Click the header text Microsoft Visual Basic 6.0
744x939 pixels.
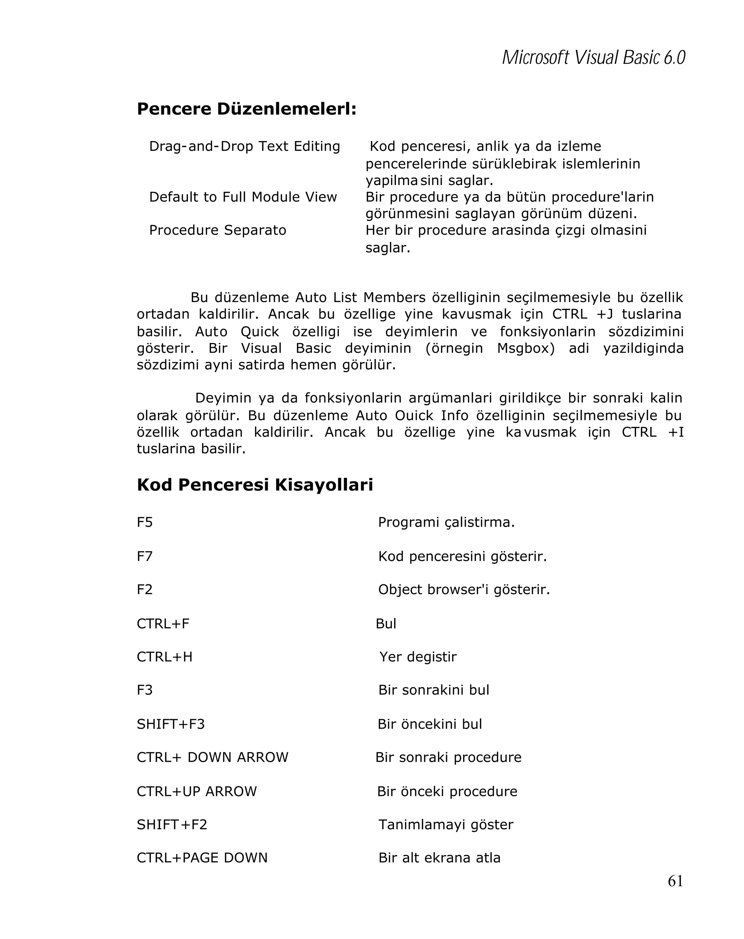point(593,58)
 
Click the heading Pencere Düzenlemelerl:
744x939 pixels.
point(246,109)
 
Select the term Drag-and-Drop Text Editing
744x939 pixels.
point(244,146)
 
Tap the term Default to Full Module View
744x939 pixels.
point(243,197)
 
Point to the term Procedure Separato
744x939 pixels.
point(217,230)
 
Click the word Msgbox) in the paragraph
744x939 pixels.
point(525,348)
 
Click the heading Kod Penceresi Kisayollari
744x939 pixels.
point(255,485)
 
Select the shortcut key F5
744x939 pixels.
point(145,522)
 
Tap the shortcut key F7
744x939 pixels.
point(145,556)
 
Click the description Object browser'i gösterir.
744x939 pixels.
point(464,590)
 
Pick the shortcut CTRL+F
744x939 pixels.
point(163,624)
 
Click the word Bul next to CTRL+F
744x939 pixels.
point(386,624)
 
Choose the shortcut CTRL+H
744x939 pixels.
point(165,657)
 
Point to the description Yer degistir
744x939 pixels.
point(417,657)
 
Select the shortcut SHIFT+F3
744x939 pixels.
point(171,724)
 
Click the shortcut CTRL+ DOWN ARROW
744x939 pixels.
point(213,757)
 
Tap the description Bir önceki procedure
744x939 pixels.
point(447,791)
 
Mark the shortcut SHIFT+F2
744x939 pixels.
point(172,825)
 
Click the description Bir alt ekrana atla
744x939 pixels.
point(439,858)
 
